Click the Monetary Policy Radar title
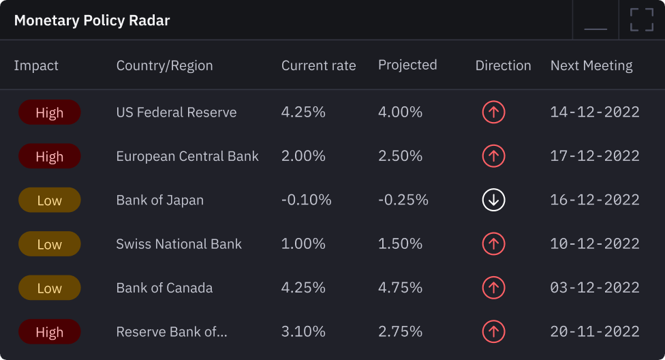point(92,20)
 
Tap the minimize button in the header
point(596,20)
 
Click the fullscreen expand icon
point(641,20)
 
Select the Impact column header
point(36,65)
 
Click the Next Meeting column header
point(591,65)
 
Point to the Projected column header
point(407,65)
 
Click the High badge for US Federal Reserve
point(50,112)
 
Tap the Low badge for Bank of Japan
point(50,200)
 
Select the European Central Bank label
point(187,156)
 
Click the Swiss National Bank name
point(179,244)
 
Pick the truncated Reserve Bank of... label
point(172,332)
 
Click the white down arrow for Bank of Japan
point(493,200)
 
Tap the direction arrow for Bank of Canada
point(493,288)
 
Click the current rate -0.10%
point(307,200)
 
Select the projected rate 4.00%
point(401,112)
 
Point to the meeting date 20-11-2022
point(595,332)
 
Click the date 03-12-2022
point(595,288)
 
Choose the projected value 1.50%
point(401,244)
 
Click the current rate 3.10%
point(303,332)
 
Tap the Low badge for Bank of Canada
point(50,288)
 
